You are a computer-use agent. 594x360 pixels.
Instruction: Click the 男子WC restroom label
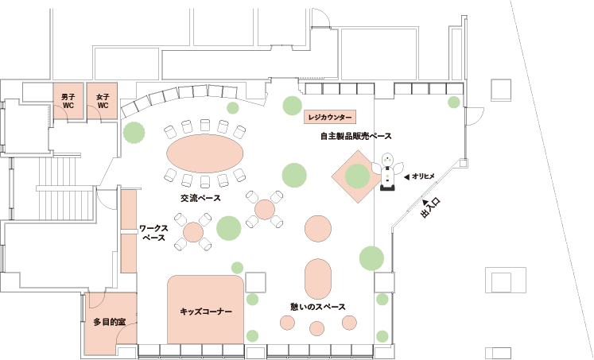pos(68,101)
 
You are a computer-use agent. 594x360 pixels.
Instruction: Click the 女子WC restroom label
pos(103,101)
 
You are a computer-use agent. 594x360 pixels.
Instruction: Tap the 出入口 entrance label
pos(429,209)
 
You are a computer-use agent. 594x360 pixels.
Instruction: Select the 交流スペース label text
pos(200,198)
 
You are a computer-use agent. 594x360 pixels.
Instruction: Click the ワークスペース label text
pos(153,233)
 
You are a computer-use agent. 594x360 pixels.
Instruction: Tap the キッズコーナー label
pos(206,312)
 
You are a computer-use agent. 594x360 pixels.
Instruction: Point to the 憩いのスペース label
pos(318,307)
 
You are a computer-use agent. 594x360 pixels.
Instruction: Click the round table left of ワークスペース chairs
pos(194,232)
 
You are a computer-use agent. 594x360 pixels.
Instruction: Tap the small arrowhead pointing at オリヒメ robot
pos(406,176)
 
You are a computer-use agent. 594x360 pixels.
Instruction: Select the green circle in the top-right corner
pos(453,102)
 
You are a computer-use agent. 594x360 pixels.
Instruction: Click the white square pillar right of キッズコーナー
pos(256,281)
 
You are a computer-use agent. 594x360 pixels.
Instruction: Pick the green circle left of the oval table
pos(134,133)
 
